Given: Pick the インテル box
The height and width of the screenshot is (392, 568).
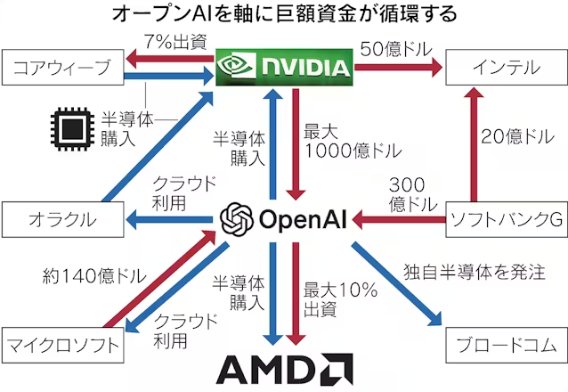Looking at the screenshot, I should (505, 68).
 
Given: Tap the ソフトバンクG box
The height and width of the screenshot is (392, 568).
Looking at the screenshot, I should (505, 218).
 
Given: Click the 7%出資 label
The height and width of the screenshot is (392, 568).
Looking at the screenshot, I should (174, 42).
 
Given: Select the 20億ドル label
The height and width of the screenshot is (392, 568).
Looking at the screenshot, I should (517, 137).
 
